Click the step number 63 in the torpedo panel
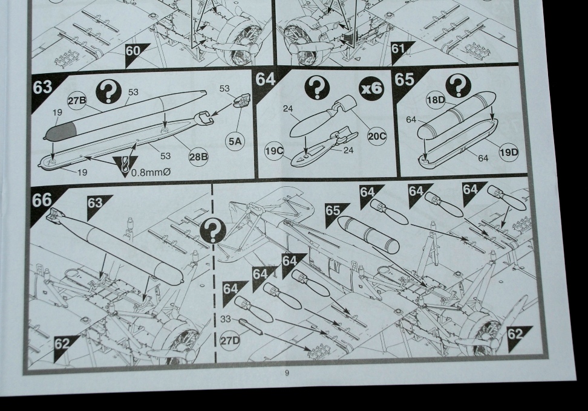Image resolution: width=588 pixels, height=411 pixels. click(42, 87)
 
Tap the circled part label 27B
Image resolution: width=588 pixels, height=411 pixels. click(77, 100)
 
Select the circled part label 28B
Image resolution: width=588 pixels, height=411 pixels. click(198, 156)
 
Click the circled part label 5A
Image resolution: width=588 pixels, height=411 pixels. click(235, 141)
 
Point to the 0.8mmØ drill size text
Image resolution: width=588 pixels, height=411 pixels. click(151, 172)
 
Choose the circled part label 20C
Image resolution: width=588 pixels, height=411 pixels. click(376, 136)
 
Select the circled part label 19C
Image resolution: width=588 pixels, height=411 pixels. click(274, 151)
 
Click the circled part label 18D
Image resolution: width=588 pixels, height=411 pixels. click(436, 100)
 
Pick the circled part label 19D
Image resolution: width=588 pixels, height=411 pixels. click(509, 152)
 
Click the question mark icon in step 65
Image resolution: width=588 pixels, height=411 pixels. click(458, 87)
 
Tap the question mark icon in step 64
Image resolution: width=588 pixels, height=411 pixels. click(317, 89)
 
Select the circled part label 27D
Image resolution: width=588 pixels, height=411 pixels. click(229, 340)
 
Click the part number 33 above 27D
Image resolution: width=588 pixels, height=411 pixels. click(226, 319)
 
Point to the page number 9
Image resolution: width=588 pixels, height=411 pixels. click(287, 373)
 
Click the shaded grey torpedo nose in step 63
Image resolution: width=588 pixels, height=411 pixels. click(61, 132)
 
